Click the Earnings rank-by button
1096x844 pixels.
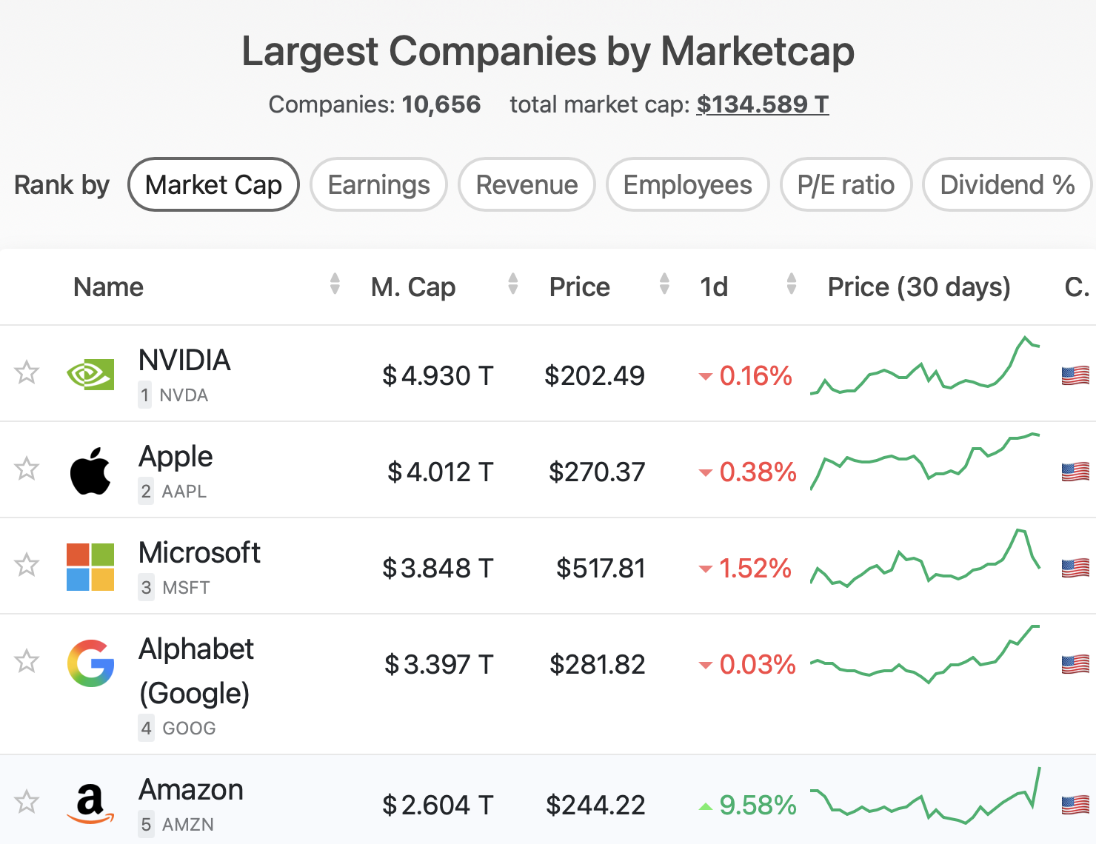point(378,185)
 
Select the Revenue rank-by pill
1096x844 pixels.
point(527,185)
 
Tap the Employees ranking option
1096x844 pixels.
point(687,185)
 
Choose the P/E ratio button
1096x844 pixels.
point(846,185)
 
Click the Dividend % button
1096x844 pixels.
point(1006,185)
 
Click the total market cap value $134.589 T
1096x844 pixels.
point(762,104)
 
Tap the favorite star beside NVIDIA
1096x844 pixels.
point(27,372)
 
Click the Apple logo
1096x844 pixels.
point(90,471)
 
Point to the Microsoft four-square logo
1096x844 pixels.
point(90,567)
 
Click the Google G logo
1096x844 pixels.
point(90,663)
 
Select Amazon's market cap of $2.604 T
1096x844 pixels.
point(437,805)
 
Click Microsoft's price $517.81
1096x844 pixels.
point(601,568)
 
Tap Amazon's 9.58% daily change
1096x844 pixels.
point(757,805)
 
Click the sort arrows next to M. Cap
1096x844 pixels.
point(512,284)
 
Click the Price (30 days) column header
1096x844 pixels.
point(918,287)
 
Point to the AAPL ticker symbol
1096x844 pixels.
point(184,492)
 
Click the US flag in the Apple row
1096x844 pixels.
point(1075,472)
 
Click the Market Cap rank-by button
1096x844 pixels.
point(213,185)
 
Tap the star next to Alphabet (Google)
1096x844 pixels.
point(27,661)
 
